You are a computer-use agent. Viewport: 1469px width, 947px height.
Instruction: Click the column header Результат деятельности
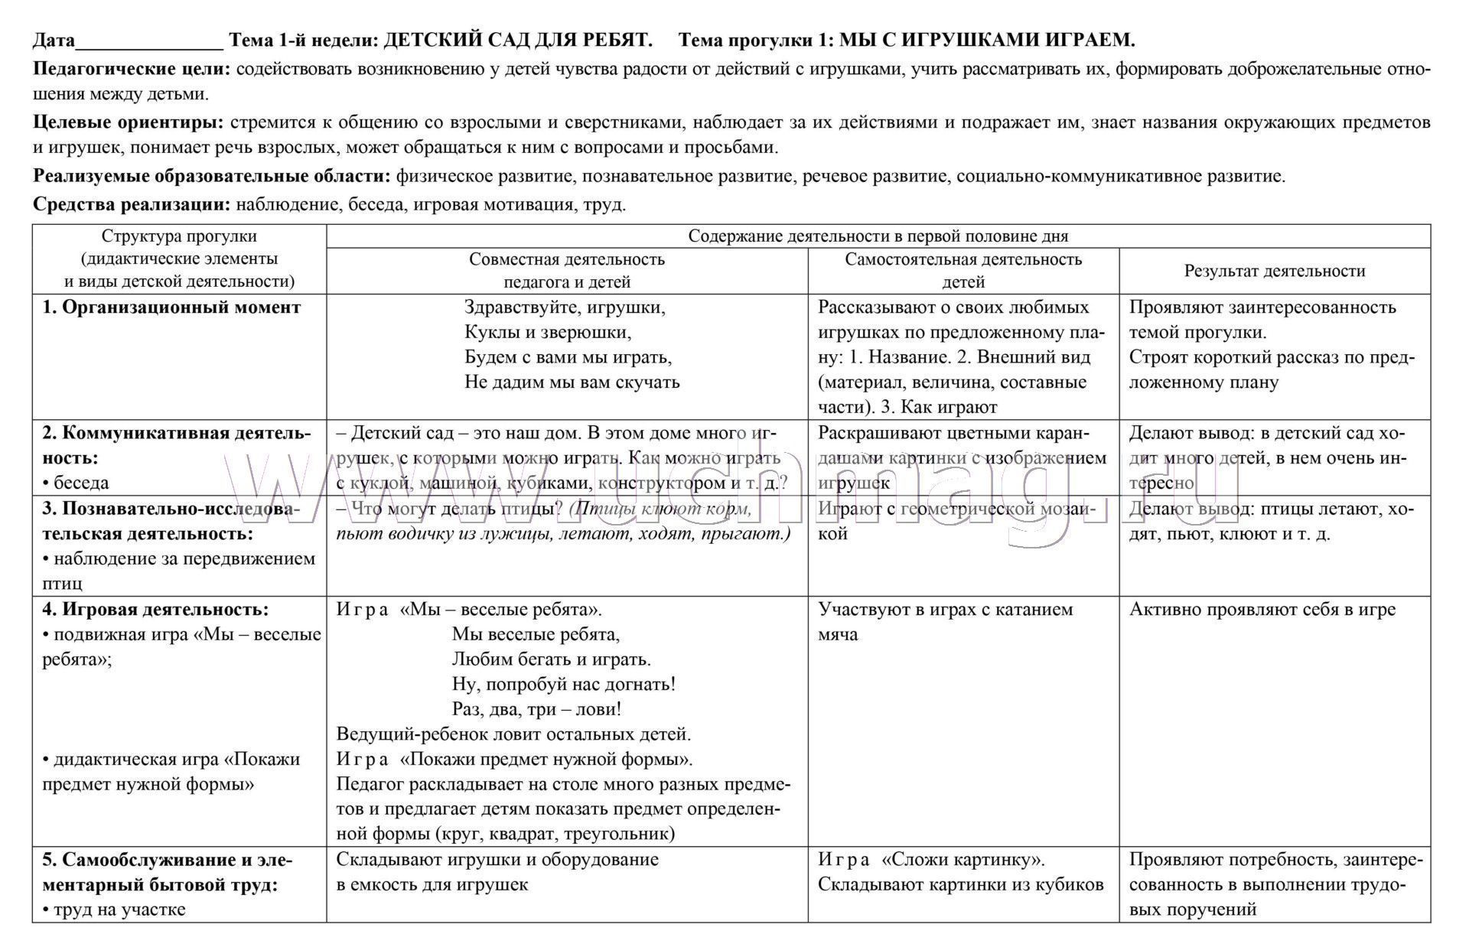point(1275,271)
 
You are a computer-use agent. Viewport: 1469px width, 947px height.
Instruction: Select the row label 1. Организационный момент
point(171,308)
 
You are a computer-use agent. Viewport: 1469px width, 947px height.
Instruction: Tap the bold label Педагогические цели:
point(132,70)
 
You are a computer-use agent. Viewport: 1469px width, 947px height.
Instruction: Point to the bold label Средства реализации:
point(132,205)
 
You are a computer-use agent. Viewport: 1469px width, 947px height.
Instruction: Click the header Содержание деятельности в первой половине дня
point(878,236)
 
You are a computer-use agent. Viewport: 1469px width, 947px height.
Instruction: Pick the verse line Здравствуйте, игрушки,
point(565,308)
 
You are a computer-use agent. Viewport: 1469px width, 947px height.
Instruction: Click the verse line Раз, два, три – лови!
point(536,709)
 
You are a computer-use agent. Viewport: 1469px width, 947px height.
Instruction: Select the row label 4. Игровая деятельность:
point(155,610)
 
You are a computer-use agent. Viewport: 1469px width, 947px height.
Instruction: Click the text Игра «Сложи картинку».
point(931,860)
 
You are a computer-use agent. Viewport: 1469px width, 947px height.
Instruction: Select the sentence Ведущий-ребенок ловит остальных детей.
point(513,734)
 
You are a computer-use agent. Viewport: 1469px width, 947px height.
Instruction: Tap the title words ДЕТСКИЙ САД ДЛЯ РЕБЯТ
point(517,40)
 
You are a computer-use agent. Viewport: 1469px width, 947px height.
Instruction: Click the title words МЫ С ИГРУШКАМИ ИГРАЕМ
point(987,40)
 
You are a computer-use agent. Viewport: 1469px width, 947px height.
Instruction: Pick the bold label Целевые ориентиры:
point(129,122)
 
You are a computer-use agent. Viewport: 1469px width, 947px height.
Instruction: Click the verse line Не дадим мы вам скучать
point(572,382)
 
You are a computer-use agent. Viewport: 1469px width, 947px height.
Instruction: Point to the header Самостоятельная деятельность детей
point(963,271)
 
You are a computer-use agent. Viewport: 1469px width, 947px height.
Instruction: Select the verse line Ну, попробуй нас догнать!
point(564,684)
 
